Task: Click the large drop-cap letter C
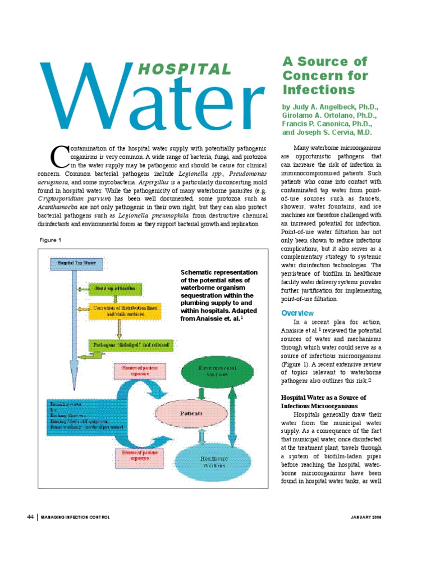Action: pyautogui.click(x=59, y=157)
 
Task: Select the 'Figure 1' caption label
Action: pyautogui.click(x=51, y=240)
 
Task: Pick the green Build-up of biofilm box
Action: pyautogui.click(x=116, y=289)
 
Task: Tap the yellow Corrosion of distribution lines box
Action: pyautogui.click(x=126, y=311)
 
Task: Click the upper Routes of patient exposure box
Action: pyautogui.click(x=140, y=370)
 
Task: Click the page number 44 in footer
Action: pyautogui.click(x=31, y=517)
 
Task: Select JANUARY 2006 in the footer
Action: pyautogui.click(x=365, y=517)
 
